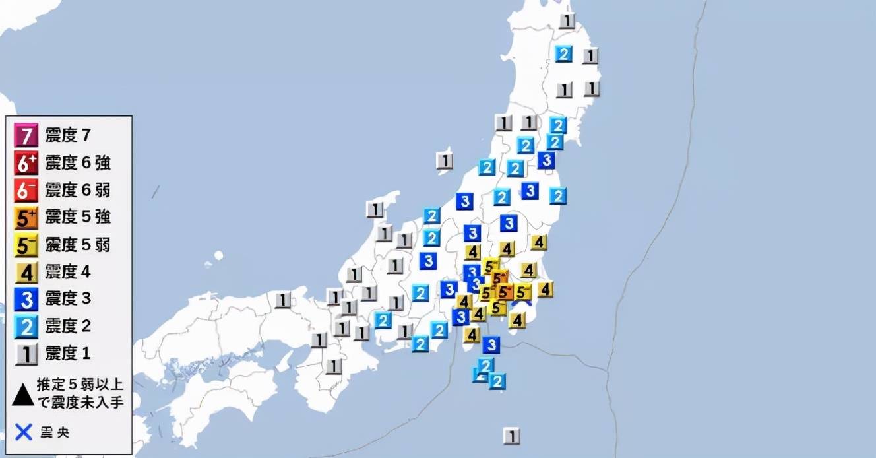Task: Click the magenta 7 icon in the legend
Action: pos(26,136)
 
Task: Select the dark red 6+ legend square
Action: pos(26,163)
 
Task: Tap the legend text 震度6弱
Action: pos(77,191)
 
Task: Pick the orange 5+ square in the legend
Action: pos(26,218)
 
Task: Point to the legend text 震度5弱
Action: pos(77,245)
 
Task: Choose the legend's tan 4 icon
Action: pos(26,272)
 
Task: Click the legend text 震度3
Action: pos(68,299)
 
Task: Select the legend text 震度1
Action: pos(68,354)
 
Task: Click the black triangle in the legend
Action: pos(23,395)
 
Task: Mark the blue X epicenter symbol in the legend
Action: pos(24,433)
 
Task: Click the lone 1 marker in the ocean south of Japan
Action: pos(511,436)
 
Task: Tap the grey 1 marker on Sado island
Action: pos(445,160)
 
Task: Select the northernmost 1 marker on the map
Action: pos(567,20)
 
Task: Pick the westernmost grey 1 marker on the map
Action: pos(283,300)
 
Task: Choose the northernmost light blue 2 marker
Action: pos(563,53)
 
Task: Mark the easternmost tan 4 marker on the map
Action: pos(545,289)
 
